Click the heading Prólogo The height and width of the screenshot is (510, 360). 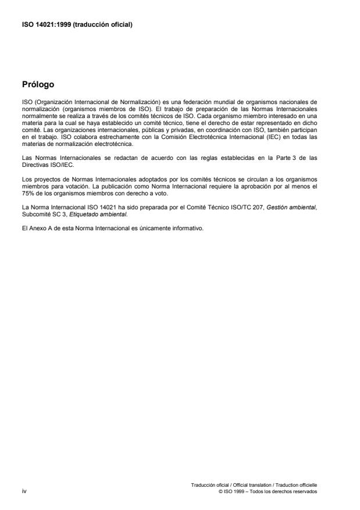pyautogui.click(x=38, y=84)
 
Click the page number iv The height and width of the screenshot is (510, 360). pyautogui.click(x=23, y=490)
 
